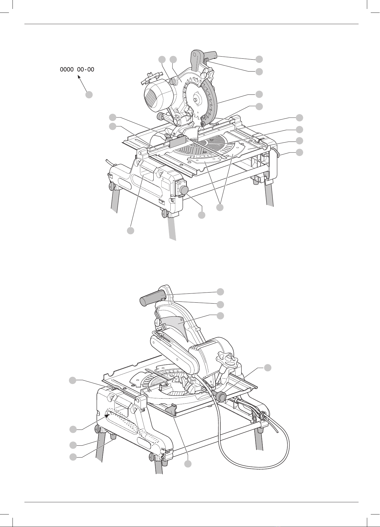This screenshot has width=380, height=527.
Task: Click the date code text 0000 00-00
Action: (x=77, y=70)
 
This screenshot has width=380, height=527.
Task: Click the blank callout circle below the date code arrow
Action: (x=89, y=95)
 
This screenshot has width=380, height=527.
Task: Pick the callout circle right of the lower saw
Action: (x=268, y=368)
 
